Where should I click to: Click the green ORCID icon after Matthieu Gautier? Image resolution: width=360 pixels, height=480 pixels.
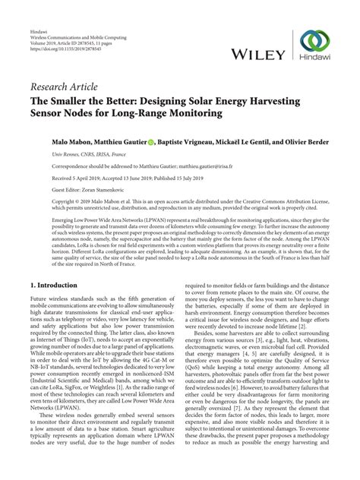163,141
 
